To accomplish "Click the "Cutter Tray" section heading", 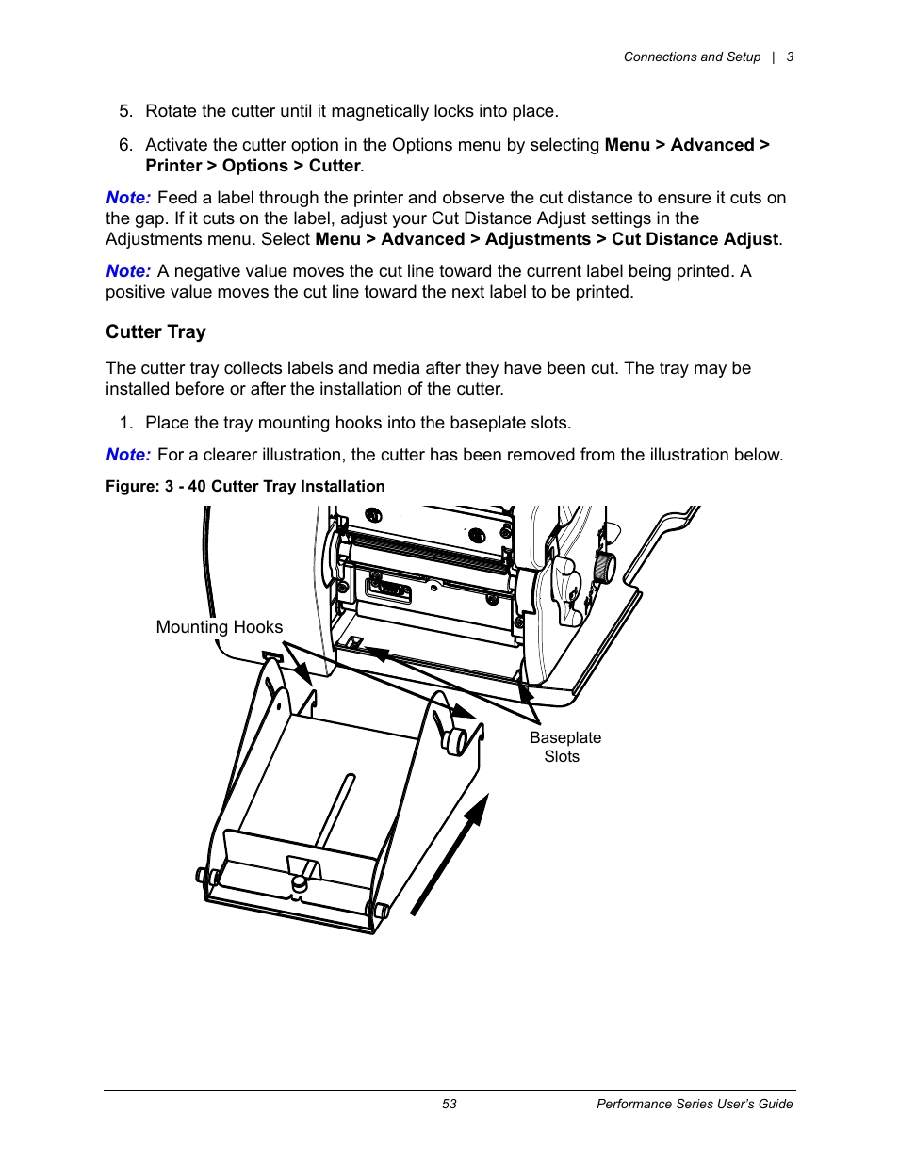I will pos(155,331).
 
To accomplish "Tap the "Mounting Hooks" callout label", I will pos(219,627).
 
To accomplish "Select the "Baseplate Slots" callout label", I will pos(564,747).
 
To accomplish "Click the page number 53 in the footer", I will pos(449,1104).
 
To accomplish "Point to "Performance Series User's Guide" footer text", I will pos(695,1104).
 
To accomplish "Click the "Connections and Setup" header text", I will pos(692,57).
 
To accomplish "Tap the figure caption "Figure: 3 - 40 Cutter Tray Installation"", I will pos(245,486).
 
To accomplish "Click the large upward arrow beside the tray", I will pos(450,853).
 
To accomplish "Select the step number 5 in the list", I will pos(125,111).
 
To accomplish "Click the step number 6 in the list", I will pos(125,145).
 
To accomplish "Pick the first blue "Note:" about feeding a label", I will pos(128,198).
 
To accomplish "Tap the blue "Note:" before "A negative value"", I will pos(128,271).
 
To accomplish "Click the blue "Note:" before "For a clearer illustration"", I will pos(128,455).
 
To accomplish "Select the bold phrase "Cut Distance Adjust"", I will pos(695,239).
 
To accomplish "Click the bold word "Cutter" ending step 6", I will pos(335,166).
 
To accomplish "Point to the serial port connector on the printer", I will pos(388,590).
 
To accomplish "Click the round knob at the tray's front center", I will pos(300,884).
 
